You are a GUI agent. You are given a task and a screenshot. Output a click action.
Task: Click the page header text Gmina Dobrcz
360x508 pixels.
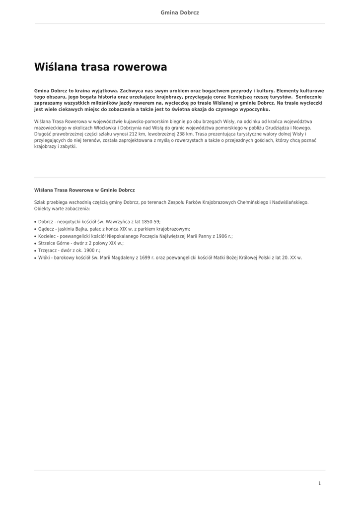[180, 12]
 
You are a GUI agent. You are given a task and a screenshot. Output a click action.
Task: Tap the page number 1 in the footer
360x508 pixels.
[319, 483]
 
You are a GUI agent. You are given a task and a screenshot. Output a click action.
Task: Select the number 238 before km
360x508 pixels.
[194, 134]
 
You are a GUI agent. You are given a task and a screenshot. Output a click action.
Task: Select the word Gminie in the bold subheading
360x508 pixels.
[108, 190]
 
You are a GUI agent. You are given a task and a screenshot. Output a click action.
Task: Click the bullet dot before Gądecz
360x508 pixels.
[35, 230]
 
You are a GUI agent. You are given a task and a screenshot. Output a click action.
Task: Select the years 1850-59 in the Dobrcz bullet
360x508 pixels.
[148, 222]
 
